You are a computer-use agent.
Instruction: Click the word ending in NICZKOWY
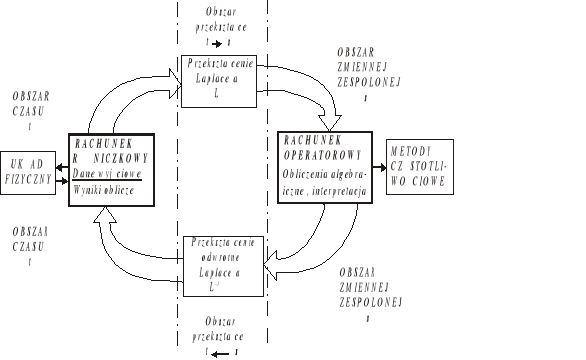tap(105, 157)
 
